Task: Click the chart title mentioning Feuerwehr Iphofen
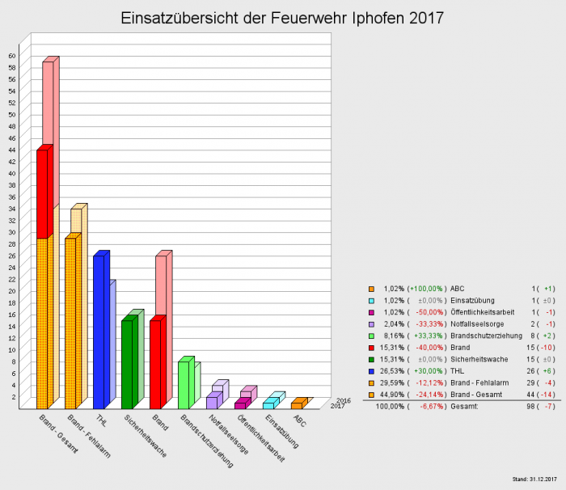point(282,18)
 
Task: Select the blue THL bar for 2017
point(98,332)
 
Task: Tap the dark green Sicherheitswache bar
point(126,364)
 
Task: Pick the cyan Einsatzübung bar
point(268,403)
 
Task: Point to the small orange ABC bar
point(296,404)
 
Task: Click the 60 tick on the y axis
point(12,56)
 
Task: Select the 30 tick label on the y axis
point(12,232)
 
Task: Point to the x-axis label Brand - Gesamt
point(58,433)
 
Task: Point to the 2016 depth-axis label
point(343,400)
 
